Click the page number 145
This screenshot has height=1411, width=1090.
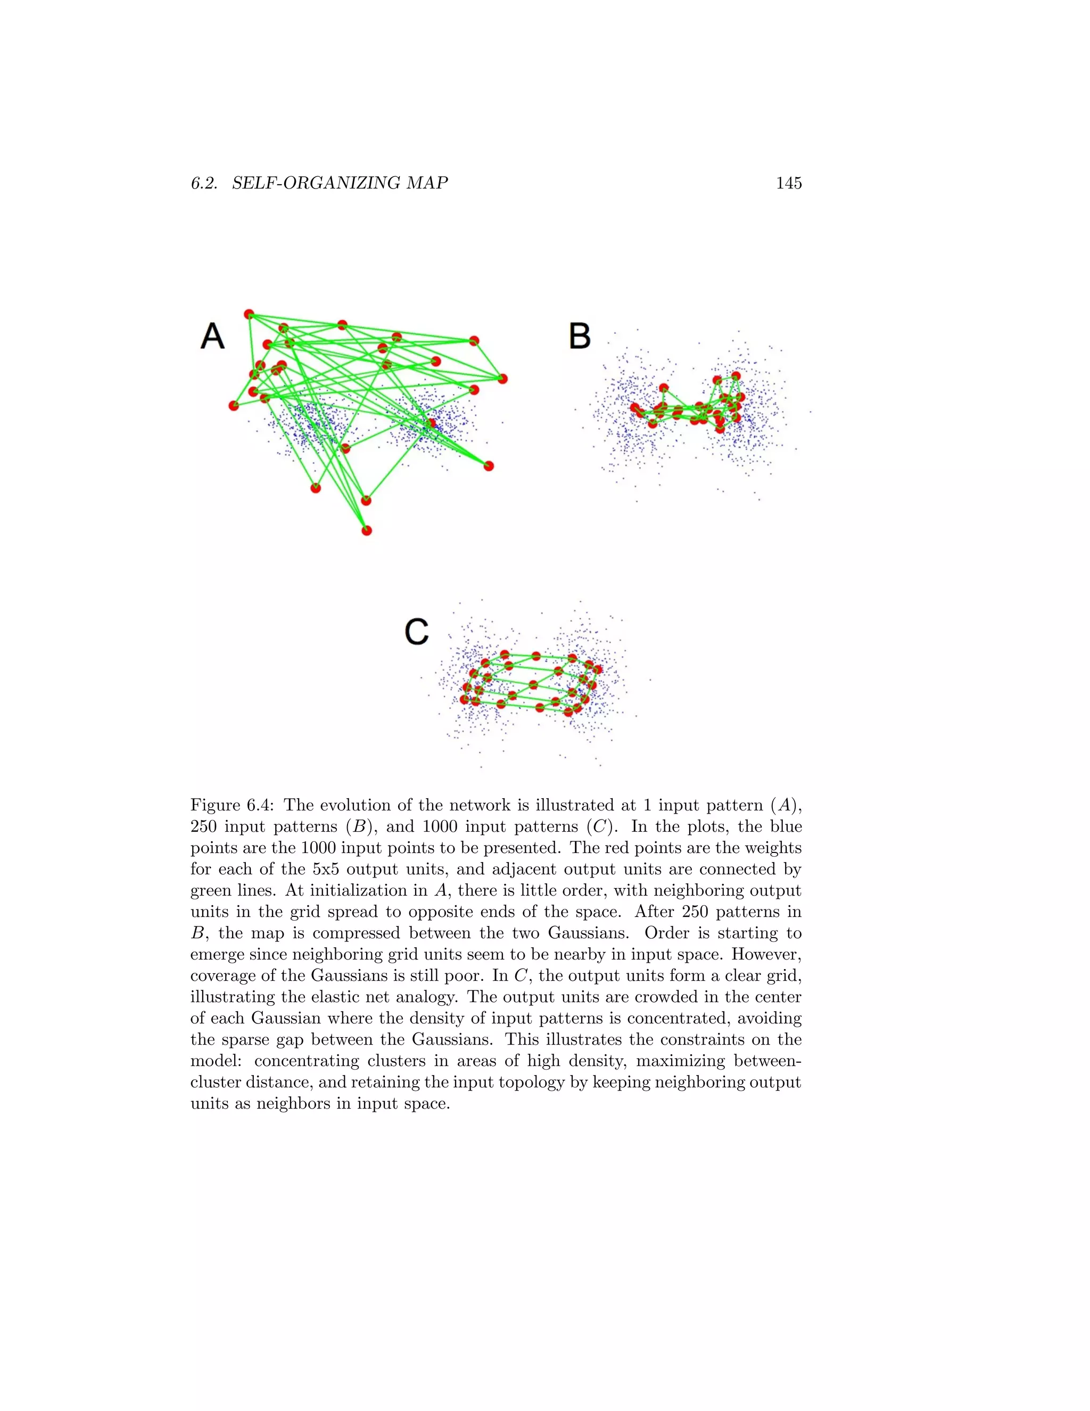pyautogui.click(x=788, y=184)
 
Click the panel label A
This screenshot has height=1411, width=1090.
pyautogui.click(x=212, y=337)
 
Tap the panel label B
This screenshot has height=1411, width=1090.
pyautogui.click(x=579, y=337)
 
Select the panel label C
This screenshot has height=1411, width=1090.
pyautogui.click(x=417, y=632)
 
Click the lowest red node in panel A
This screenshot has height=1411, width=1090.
pyautogui.click(x=367, y=530)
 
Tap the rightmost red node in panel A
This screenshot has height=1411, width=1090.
pyautogui.click(x=502, y=379)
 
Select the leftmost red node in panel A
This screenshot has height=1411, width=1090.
pyautogui.click(x=234, y=406)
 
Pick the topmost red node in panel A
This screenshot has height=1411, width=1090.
pyautogui.click(x=249, y=315)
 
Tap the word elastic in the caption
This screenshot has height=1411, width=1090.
pyautogui.click(x=354, y=997)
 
